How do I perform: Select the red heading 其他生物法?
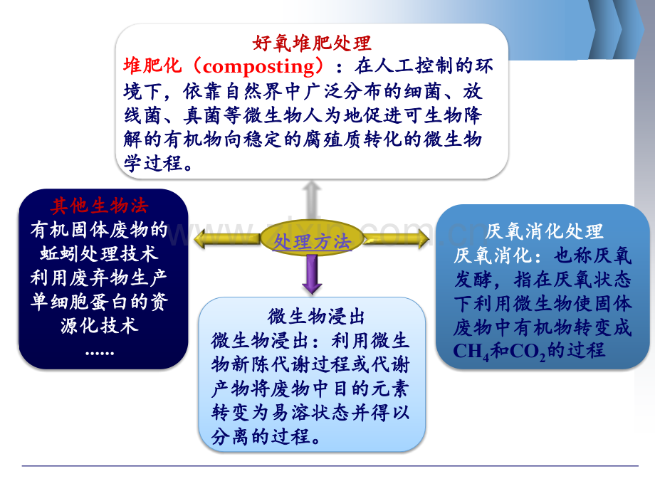tap(99, 206)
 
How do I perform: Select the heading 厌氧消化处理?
tap(545, 231)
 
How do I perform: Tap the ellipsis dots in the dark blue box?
tap(99, 350)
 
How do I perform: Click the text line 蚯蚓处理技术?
tap(99, 254)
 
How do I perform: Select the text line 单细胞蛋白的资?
tap(99, 302)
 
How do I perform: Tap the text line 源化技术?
tap(99, 326)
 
